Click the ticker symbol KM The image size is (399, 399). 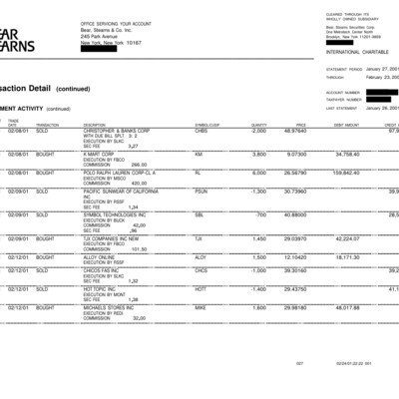coord(199,155)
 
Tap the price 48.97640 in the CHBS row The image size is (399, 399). coord(294,131)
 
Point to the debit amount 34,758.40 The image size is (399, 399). coord(346,155)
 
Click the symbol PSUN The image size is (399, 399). coord(200,191)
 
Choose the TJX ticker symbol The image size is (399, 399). coord(199,238)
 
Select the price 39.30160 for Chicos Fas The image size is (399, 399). coord(294,269)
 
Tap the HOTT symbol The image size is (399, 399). coord(200,287)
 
